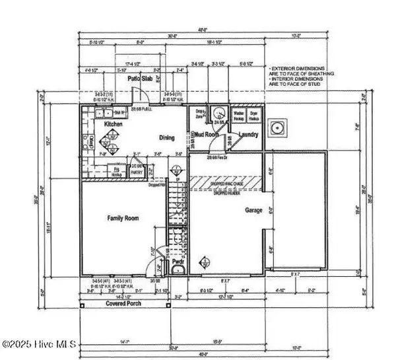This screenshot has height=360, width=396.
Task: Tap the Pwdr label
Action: (178, 262)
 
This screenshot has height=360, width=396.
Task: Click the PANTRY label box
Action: (136, 168)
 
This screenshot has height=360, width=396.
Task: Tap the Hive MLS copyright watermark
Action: (40, 344)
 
